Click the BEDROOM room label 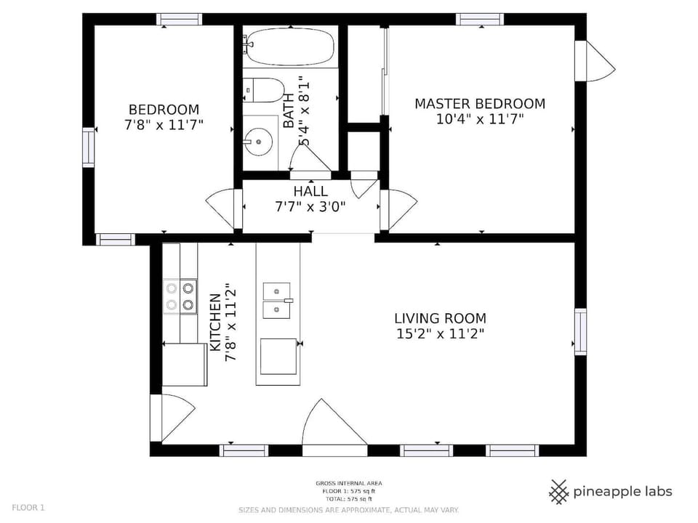(164, 109)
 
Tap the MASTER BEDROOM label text (479, 104)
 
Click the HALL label (310, 191)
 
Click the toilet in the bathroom (264, 91)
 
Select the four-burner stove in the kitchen (180, 296)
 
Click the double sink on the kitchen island (276, 301)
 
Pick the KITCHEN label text (215, 322)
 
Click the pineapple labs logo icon (558, 492)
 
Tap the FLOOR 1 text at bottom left (28, 508)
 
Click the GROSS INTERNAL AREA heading (348, 483)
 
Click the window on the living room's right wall (580, 331)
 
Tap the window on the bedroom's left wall (88, 147)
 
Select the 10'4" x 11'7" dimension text (479, 119)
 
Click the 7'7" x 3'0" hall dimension (310, 206)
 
